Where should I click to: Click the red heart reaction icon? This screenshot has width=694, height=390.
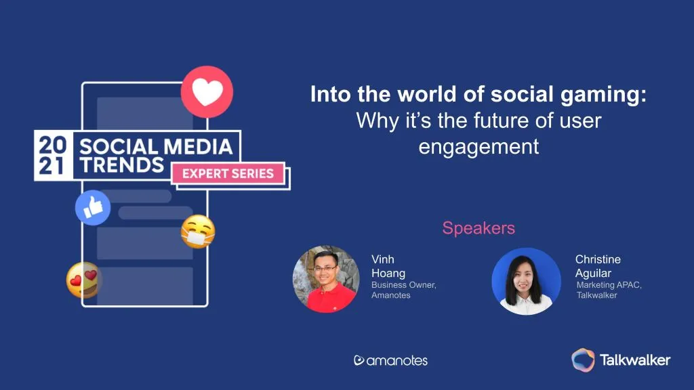coord(207,92)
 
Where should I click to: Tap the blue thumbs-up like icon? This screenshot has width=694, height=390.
coord(93,207)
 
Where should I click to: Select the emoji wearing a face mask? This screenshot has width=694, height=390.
coord(198,232)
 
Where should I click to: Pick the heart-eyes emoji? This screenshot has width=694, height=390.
coord(83,280)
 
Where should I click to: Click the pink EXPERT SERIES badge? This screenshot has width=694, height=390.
coord(228,173)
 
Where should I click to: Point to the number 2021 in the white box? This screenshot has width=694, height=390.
coord(53,155)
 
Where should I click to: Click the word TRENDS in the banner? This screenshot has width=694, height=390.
coord(122,165)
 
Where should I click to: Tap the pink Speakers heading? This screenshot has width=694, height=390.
coord(478,228)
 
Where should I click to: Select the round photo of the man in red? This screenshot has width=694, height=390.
coord(326,279)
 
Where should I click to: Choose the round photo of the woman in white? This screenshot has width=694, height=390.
coord(526,281)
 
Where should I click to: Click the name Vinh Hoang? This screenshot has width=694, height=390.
coord(388,266)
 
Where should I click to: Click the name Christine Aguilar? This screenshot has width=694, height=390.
coord(598,266)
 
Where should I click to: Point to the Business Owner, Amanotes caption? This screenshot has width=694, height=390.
coord(404,290)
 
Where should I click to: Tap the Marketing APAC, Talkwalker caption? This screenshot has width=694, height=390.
coord(609,290)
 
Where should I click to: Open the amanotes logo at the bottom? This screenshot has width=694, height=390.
coord(391,360)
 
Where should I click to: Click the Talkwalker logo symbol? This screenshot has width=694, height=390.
coord(583,360)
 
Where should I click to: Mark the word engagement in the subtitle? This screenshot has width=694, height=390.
coord(478,147)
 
